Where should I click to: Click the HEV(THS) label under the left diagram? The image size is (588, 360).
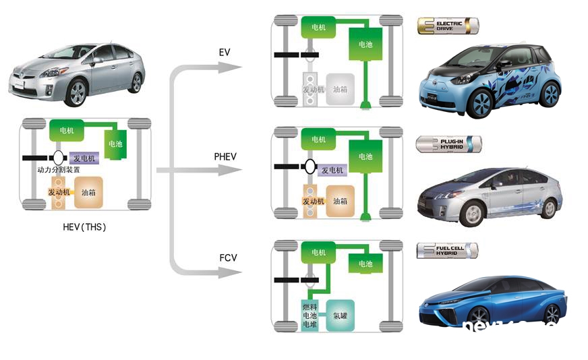click(84, 227)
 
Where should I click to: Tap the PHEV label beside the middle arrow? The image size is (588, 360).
click(225, 156)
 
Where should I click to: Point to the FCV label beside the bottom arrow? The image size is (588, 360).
click(227, 258)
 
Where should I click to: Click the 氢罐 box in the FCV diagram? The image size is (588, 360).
click(340, 315)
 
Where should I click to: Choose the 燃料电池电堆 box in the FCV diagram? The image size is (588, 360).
click(309, 315)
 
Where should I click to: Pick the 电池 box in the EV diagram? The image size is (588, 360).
click(365, 44)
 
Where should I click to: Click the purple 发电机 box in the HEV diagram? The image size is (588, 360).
click(84, 158)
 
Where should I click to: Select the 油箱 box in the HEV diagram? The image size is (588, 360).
click(88, 192)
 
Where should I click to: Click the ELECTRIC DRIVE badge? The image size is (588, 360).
click(447, 26)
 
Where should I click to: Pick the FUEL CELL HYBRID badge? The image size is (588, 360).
click(447, 250)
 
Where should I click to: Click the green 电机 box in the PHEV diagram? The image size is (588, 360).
click(319, 140)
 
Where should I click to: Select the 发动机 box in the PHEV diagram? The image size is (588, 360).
click(312, 201)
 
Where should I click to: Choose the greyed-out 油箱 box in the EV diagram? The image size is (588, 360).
click(340, 89)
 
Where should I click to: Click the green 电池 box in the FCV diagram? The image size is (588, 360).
click(365, 264)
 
